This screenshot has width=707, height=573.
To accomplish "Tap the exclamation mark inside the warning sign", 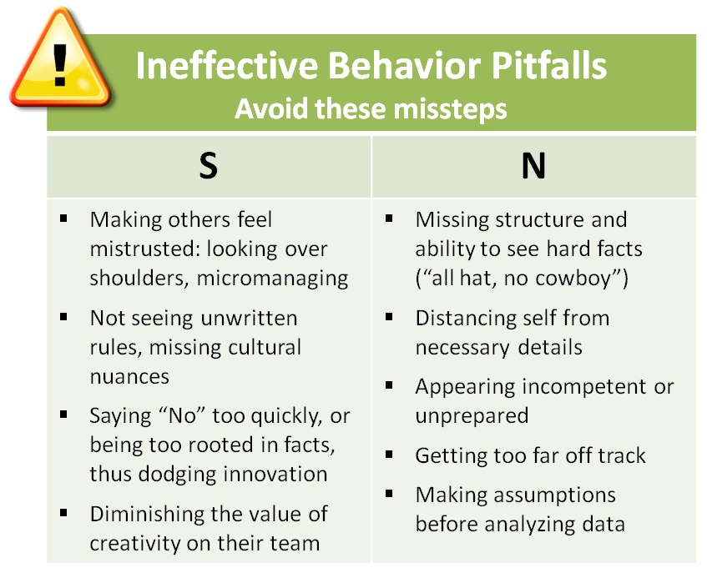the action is tap(60, 64).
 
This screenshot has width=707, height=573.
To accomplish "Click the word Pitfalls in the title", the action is tap(548, 66).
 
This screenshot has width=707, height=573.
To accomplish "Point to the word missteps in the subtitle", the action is tap(450, 109).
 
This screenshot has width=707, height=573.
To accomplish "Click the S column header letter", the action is tap(209, 166).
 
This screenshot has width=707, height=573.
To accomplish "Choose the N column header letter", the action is tap(533, 166).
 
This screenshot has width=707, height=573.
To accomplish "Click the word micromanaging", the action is tap(272, 279).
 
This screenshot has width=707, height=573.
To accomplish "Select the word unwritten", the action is tap(249, 318).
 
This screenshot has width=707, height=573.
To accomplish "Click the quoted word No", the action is tap(182, 415).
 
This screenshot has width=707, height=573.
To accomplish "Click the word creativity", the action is tap(135, 544).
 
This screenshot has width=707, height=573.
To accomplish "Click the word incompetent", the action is tap(586, 387).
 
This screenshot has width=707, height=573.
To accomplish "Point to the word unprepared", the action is tap(472, 416).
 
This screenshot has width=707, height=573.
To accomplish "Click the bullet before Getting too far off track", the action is tap(390, 454).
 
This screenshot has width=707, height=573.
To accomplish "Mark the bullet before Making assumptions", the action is tap(390, 493).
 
